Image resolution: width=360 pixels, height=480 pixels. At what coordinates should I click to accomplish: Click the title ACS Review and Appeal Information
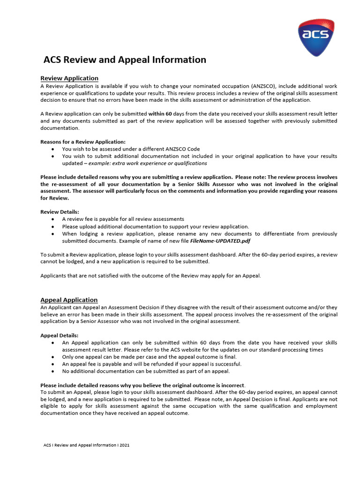(125, 60)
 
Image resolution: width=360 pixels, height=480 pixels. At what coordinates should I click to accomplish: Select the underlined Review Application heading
(69, 78)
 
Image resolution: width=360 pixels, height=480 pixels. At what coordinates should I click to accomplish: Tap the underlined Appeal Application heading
(69, 300)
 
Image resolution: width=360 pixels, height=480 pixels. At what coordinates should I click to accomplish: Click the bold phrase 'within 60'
(160, 114)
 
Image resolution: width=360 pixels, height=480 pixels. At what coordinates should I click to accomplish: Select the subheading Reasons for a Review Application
(83, 142)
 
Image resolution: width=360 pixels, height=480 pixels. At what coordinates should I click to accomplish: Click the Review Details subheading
(60, 212)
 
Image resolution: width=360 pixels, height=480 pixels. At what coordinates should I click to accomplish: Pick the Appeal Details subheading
(60, 336)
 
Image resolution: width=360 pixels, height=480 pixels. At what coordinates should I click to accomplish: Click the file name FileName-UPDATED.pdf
(220, 241)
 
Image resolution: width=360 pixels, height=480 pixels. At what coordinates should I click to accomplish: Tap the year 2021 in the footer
(124, 445)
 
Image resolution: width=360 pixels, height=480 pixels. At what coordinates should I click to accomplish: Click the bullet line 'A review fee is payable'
(123, 219)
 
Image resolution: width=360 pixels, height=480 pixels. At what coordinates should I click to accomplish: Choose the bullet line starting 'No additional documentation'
(146, 371)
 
